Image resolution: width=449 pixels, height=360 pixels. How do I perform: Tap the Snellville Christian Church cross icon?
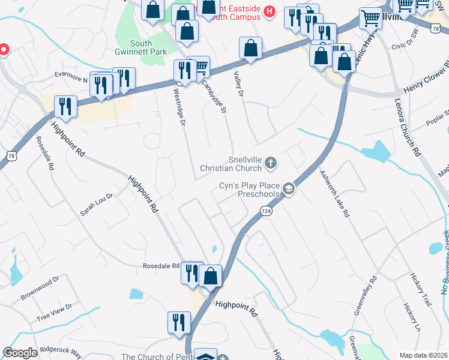pyautogui.click(x=271, y=162)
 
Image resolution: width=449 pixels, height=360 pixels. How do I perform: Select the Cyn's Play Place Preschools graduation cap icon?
pyautogui.click(x=289, y=190)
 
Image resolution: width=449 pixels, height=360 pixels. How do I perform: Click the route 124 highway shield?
pyautogui.click(x=266, y=211)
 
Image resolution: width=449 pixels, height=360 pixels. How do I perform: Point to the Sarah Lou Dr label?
pyautogui.click(x=97, y=205)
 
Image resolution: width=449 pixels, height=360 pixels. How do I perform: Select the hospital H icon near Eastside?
pyautogui.click(x=269, y=11)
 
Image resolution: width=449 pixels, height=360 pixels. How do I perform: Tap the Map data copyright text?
pyautogui.click(x=423, y=355)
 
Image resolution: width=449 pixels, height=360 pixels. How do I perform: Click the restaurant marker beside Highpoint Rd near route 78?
pyautogui.click(x=65, y=107)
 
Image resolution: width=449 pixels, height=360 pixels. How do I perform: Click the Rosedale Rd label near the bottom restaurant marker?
pyautogui.click(x=161, y=266)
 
